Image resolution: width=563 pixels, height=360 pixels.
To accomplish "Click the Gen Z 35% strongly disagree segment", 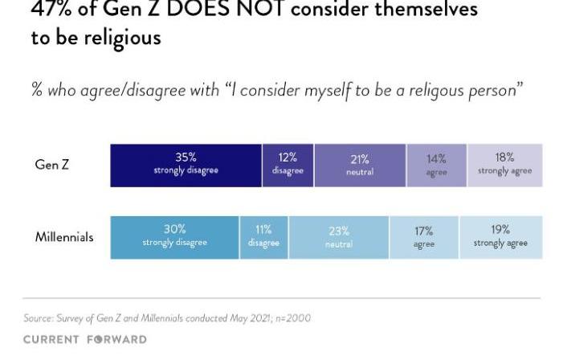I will coord(186,165).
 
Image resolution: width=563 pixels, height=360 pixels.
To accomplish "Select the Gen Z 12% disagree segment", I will coord(288,165).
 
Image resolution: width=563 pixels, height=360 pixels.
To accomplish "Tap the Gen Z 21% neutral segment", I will coord(360,165).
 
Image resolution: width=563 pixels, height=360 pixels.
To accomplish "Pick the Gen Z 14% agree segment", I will coord(436,165).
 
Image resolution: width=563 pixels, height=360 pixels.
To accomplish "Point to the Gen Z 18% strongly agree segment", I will coord(504,165).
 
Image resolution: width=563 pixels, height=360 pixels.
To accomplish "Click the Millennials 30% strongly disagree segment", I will coord(174,236).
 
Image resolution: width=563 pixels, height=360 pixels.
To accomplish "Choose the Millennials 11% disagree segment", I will coord(263,236).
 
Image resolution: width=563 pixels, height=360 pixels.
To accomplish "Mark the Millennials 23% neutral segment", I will coord(338,236).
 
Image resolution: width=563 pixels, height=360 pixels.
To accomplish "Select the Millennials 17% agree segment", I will coord(423,236).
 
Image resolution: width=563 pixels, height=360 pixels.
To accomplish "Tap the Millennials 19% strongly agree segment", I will coord(500,236).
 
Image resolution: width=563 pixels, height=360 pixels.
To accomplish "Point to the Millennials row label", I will coord(64,237).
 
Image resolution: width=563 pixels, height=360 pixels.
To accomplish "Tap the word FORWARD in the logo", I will coord(118,339).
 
